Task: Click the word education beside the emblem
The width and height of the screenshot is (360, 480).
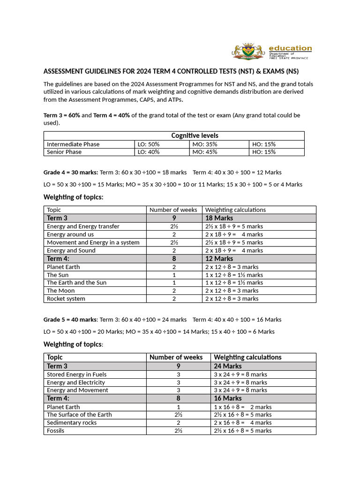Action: [290, 48]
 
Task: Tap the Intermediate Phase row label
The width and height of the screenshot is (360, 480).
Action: [73, 144]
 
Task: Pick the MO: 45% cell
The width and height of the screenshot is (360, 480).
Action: [204, 152]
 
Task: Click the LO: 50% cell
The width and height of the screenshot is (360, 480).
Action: [148, 144]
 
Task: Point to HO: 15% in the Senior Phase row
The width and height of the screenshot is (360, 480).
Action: [264, 152]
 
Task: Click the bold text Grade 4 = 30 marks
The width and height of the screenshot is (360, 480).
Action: [71, 172]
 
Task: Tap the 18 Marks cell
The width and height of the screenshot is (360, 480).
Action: [219, 218]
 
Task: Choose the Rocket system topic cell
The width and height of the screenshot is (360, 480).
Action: [66, 299]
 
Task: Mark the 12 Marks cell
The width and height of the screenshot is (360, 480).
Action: [219, 258]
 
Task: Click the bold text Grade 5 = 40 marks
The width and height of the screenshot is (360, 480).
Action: [70, 319]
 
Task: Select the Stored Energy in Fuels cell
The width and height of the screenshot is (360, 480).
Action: [76, 375]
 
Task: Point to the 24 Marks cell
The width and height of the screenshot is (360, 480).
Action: [228, 366]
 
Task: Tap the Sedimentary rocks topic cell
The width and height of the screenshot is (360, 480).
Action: [72, 422]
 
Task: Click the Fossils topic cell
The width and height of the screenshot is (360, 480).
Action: [56, 430]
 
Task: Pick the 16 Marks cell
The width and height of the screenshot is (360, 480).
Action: [228, 398]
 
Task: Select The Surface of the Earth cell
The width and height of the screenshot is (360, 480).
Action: [79, 414]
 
